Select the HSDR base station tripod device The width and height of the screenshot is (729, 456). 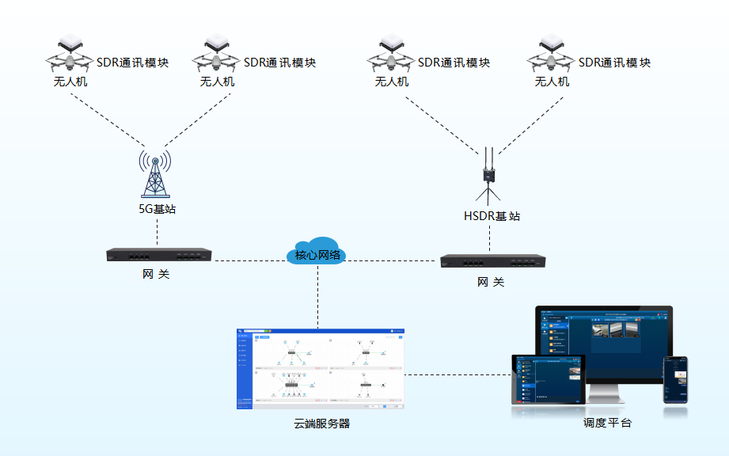point(488,177)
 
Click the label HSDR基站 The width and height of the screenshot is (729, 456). point(492,216)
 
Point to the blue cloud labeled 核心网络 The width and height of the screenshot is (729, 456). point(317,252)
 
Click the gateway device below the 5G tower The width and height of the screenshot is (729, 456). point(159,255)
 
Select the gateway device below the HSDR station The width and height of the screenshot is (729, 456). point(493,261)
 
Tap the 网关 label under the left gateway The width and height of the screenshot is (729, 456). point(156,275)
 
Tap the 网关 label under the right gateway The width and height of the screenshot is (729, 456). point(491,282)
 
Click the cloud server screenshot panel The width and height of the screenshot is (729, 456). point(321,368)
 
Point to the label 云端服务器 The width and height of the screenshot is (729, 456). point(321,424)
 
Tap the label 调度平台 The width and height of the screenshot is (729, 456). point(607,424)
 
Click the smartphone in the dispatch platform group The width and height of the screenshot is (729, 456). point(675,379)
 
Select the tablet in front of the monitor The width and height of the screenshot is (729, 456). point(548,380)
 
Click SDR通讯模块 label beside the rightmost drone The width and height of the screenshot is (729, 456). point(614,63)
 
